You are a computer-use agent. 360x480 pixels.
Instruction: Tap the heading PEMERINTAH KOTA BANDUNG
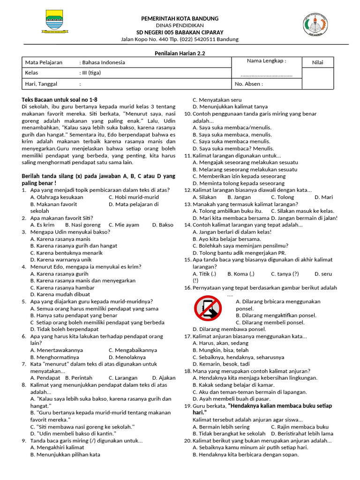pos(180,18)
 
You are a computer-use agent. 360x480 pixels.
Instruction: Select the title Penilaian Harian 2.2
pos(180,54)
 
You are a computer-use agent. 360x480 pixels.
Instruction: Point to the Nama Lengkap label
pos(266,61)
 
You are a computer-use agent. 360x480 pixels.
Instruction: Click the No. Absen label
pos(248,84)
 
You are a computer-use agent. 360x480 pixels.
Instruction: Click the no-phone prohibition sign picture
pos(208,308)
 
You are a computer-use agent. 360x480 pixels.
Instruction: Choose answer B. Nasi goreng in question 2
pos(82,225)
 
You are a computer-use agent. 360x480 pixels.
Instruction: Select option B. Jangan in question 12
pos(239,197)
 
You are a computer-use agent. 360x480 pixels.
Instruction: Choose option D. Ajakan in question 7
pos(164,378)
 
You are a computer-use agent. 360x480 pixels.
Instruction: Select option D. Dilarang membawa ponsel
pos(229,329)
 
